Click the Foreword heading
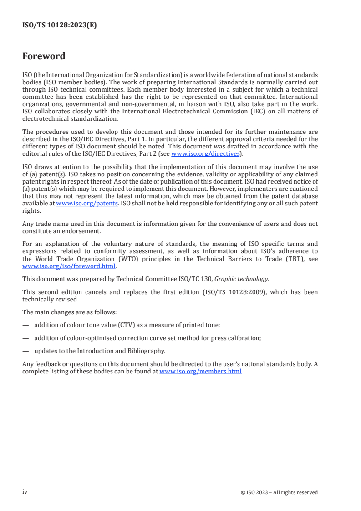pos(44,56)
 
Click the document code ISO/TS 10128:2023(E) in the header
pos(60,26)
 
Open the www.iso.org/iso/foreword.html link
pos(69,266)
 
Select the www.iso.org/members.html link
pos(201,371)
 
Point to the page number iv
pos(25,492)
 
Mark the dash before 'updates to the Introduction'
pos(25,351)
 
